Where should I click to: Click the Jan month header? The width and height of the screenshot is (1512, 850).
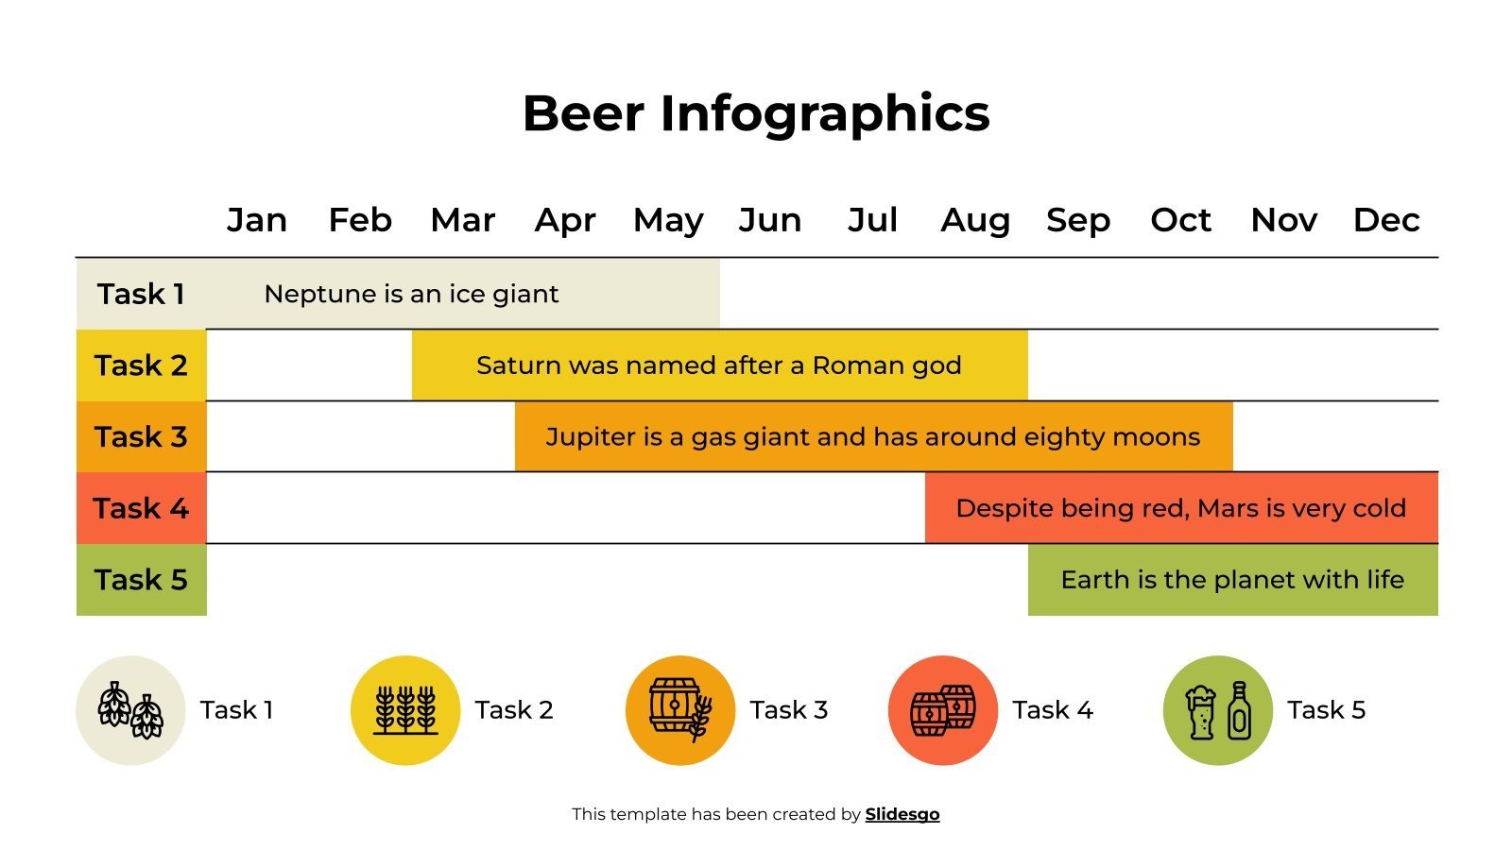256,220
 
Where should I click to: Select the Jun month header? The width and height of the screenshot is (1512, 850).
769,220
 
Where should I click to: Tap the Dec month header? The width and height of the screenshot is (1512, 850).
1385,220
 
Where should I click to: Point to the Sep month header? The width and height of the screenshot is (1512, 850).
1077,220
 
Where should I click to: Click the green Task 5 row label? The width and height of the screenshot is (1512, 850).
141,580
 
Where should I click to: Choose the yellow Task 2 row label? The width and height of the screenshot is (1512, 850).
141,365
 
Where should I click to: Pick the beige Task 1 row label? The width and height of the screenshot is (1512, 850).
141,294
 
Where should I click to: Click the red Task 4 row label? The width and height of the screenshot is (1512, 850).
141,508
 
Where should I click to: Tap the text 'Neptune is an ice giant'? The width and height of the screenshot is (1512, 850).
411,294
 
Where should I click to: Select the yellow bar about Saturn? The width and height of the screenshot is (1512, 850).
719,365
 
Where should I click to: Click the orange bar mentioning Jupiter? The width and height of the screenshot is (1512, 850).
873,436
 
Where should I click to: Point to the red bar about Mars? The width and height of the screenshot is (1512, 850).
1181,508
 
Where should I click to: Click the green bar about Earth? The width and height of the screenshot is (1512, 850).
1232,580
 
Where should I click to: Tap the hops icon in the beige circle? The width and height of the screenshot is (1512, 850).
130,710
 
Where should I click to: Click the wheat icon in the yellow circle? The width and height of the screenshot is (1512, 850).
405,710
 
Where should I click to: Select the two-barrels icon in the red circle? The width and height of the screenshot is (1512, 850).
942,710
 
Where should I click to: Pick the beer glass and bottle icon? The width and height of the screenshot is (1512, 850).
1218,710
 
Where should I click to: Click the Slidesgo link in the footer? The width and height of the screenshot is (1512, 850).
902,814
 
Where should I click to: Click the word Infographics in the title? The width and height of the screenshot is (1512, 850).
824,113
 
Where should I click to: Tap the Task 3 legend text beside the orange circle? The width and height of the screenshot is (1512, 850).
788,710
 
